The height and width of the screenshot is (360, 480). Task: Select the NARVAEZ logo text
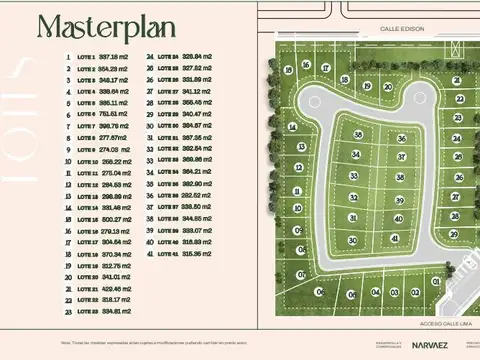[429, 345]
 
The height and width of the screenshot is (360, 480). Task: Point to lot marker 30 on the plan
[352, 240]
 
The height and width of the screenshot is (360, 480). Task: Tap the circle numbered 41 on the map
[394, 239]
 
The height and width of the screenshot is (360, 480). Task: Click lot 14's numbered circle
[292, 127]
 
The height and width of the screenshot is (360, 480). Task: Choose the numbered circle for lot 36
[401, 138]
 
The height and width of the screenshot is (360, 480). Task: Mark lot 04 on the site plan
[376, 292]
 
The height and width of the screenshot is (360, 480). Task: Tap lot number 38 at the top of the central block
[358, 135]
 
